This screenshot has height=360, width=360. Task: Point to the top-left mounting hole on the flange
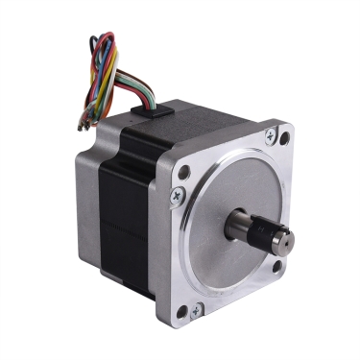pyautogui.click(x=182, y=173)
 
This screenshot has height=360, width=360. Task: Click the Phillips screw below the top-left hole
pyautogui.click(x=176, y=196)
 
